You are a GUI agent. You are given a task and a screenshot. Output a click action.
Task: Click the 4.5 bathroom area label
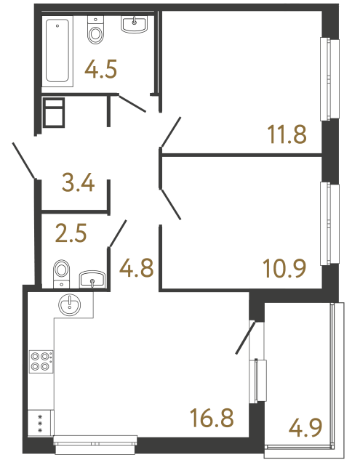[102, 70]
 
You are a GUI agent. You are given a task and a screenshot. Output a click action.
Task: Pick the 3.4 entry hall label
[78, 182]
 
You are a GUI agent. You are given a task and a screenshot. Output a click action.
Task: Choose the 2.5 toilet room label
[71, 235]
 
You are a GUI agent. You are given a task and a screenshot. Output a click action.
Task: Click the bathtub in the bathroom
[57, 52]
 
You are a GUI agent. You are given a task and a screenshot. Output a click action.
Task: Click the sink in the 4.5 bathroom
[134, 25]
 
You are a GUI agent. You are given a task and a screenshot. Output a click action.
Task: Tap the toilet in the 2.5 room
[62, 272]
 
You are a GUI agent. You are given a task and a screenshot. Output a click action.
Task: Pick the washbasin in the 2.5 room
[92, 279]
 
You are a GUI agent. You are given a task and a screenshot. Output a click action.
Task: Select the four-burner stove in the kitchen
[40, 361]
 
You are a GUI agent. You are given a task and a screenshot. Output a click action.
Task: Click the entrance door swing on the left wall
[24, 161]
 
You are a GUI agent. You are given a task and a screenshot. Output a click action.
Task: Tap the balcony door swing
[245, 337]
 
